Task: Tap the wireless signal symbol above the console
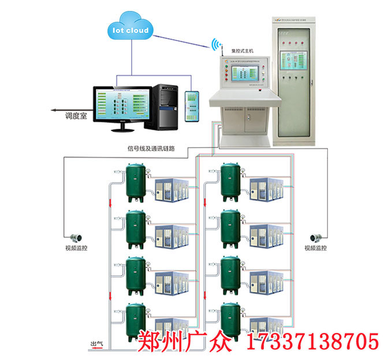(217, 45)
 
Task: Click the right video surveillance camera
(316, 237)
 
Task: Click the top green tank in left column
(136, 182)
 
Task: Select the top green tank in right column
(230, 182)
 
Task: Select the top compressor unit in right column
(266, 187)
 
